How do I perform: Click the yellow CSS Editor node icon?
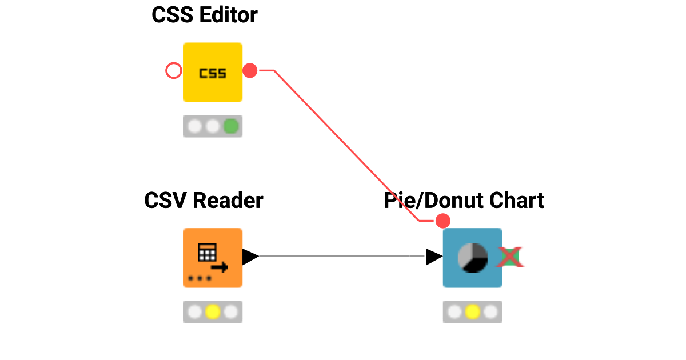[x=213, y=73]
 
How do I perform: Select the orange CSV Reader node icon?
[x=213, y=258]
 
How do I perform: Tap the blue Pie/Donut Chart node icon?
[x=473, y=258]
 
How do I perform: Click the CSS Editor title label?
[x=204, y=15]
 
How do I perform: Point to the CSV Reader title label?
[x=204, y=201]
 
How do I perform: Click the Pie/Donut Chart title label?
[x=464, y=201]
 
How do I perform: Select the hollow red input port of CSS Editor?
[x=173, y=71]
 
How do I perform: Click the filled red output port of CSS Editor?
[x=250, y=71]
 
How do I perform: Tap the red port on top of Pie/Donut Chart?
[x=442, y=221]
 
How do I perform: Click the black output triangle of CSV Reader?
[x=250, y=257]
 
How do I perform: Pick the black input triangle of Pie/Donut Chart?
[x=434, y=257]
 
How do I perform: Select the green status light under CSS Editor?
[x=230, y=126]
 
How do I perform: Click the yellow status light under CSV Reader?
[x=213, y=312]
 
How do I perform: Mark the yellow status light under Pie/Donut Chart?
[x=472, y=312]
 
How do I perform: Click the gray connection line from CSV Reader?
[x=343, y=257]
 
